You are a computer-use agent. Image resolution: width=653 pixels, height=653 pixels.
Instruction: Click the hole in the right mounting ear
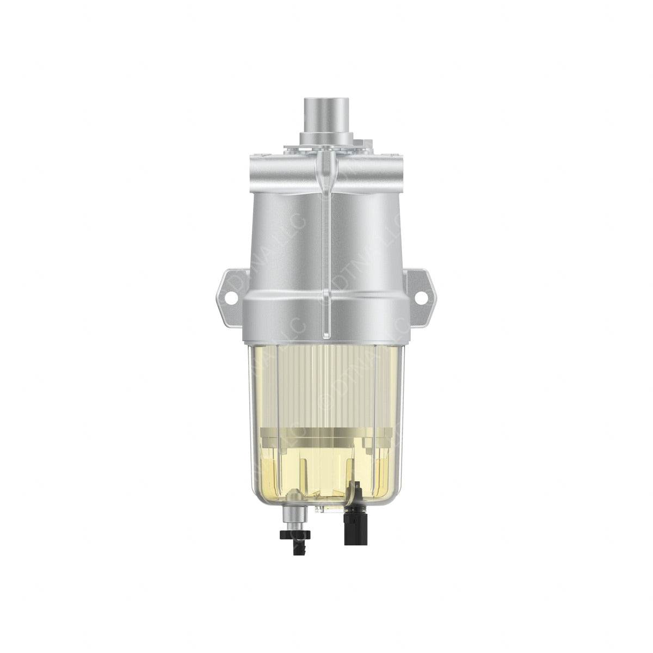coord(421,298)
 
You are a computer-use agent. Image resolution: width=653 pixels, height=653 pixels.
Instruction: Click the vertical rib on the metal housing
coord(326,245)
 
